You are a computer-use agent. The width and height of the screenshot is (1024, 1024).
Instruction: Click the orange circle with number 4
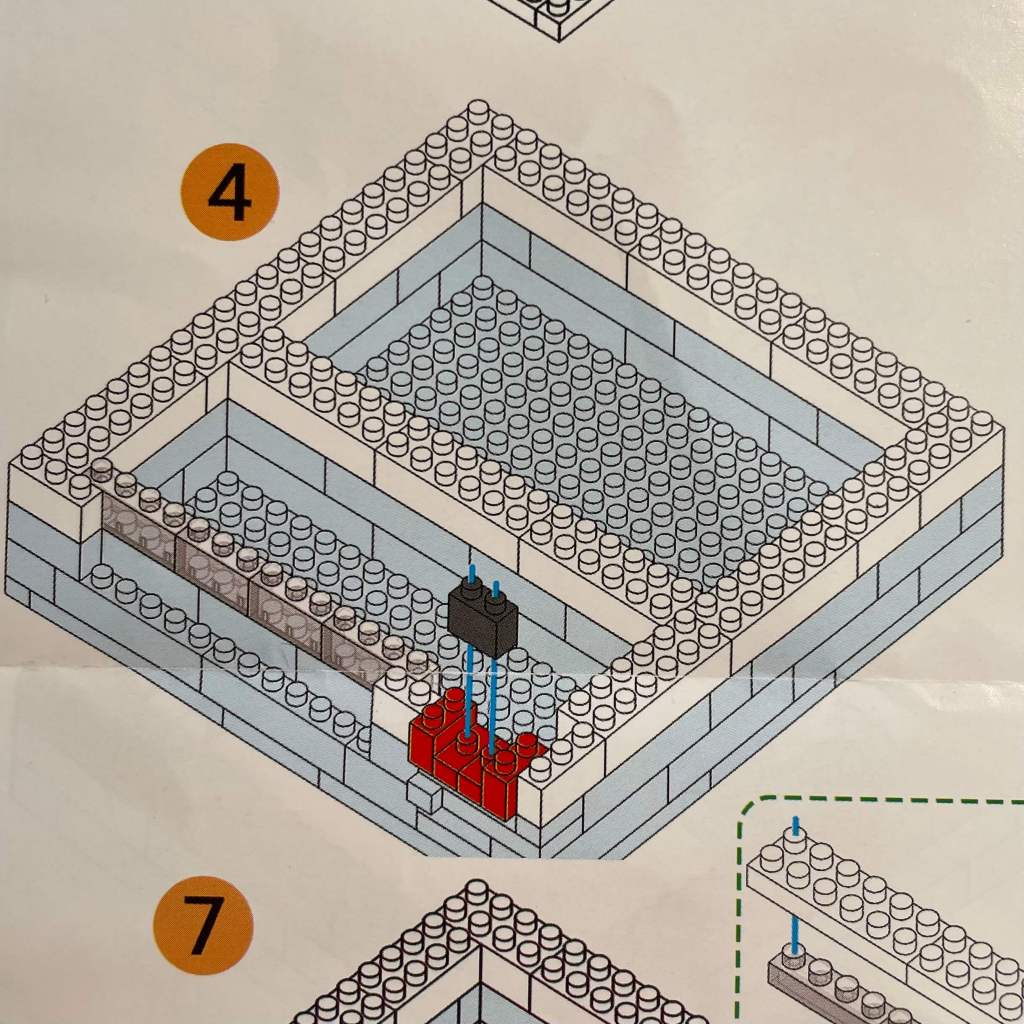(x=230, y=192)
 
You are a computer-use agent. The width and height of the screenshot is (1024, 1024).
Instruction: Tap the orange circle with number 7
(x=203, y=925)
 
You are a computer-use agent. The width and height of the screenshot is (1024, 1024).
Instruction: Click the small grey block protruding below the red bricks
(x=424, y=794)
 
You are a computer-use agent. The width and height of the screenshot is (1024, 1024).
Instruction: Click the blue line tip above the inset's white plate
(x=796, y=824)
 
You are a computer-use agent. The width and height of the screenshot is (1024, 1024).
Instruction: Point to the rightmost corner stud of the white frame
(x=989, y=419)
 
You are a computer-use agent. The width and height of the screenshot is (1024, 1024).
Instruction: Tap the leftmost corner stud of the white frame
(x=30, y=456)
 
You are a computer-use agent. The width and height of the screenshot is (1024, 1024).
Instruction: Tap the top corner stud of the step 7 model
(x=477, y=889)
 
